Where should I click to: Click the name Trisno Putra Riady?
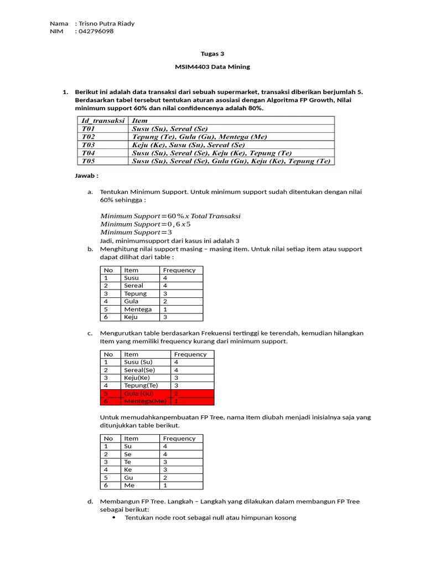click(107, 23)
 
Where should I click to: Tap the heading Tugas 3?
click(212, 54)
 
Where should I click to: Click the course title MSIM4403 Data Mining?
click(212, 66)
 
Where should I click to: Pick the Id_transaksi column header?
click(102, 120)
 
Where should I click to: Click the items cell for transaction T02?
click(199, 136)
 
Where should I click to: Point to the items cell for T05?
click(231, 161)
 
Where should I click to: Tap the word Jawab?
click(86, 176)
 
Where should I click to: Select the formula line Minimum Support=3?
click(136, 233)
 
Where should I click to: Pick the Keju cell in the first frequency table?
click(132, 317)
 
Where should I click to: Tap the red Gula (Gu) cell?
click(138, 393)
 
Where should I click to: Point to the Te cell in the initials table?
click(128, 461)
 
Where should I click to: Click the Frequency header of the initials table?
click(179, 438)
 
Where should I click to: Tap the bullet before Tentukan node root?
click(114, 518)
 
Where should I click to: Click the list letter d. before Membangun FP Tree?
click(90, 502)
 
